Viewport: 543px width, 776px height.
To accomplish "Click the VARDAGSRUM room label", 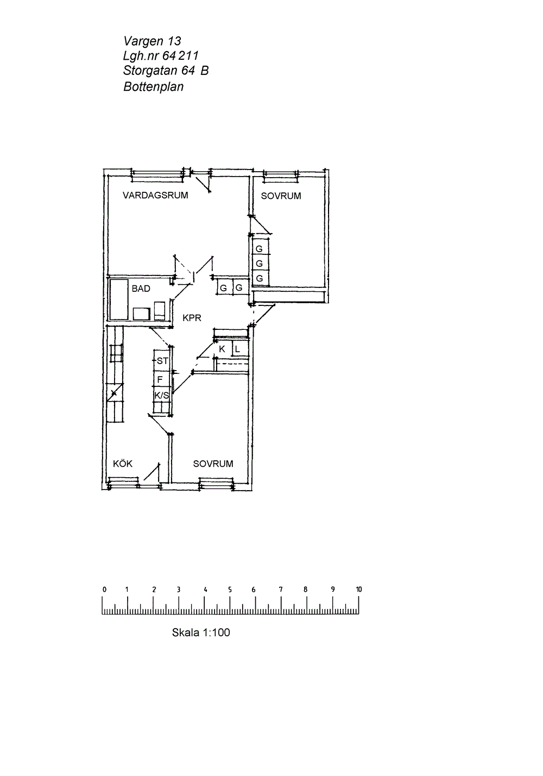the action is pyautogui.click(x=155, y=196).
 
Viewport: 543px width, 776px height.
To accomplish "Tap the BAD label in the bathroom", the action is pyautogui.click(x=141, y=289).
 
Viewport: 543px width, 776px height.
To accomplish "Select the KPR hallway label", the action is pyautogui.click(x=192, y=318).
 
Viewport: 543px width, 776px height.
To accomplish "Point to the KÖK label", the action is pyautogui.click(x=123, y=464).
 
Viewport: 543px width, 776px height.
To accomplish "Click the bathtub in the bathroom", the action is pyautogui.click(x=119, y=299).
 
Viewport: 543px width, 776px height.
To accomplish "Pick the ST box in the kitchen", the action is pyautogui.click(x=162, y=361).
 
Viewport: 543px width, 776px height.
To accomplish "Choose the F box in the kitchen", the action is pyautogui.click(x=162, y=379).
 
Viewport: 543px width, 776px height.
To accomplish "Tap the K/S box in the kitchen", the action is pyautogui.click(x=162, y=395).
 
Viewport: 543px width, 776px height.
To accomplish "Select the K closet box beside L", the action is pyautogui.click(x=223, y=349).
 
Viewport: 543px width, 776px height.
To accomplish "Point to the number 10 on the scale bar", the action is pyautogui.click(x=358, y=589).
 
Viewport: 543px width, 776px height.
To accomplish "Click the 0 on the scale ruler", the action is pyautogui.click(x=104, y=589).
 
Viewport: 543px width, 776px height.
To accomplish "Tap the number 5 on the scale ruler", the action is pyautogui.click(x=230, y=589).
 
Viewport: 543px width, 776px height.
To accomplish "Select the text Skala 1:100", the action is pyautogui.click(x=201, y=633).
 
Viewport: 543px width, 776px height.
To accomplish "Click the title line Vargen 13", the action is pyautogui.click(x=152, y=41).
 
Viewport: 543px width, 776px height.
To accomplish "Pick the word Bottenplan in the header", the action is pyautogui.click(x=153, y=86).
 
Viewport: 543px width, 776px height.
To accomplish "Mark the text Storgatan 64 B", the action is pyautogui.click(x=166, y=71).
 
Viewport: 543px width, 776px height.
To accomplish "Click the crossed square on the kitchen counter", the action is pyautogui.click(x=115, y=393).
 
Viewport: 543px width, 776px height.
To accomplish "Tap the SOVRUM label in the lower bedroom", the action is pyautogui.click(x=213, y=464).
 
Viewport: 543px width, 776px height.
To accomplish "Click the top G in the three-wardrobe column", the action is pyautogui.click(x=259, y=249).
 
